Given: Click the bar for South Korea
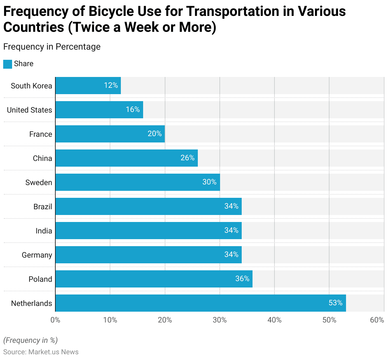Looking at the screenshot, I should coord(88,86).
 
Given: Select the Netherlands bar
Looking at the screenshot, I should coord(201,303).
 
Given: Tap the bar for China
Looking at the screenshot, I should coord(127,158).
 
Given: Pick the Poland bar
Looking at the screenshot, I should coord(154,279).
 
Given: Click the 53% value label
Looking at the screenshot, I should coord(336,303).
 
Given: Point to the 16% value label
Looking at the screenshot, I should coord(133,109).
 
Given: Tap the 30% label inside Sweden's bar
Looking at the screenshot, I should coord(209,182).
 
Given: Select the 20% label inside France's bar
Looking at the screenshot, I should coord(155,134).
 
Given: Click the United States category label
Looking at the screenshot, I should coord(29,110).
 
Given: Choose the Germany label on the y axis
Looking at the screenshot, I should coord(37,255).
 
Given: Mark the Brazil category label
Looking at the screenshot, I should coord(43,207).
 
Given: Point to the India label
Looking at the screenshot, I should coord(44,231).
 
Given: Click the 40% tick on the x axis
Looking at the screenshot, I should coord(274,320).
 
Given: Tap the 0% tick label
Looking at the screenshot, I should coord(55,320).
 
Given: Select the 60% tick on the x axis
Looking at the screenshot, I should coord(377,320).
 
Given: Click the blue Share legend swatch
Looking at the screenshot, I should coord(8,64).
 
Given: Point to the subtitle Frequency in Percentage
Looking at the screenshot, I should coord(52,47).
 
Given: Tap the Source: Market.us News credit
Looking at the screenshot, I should coord(41,352).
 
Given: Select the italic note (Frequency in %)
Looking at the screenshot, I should coord(31,340).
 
